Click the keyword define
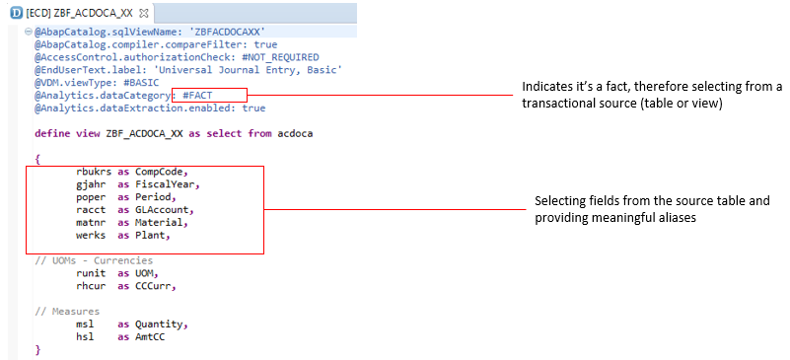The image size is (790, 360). (53, 132)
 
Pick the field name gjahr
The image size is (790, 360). (91, 184)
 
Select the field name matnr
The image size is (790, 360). (91, 222)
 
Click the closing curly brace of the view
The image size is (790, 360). (37, 349)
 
